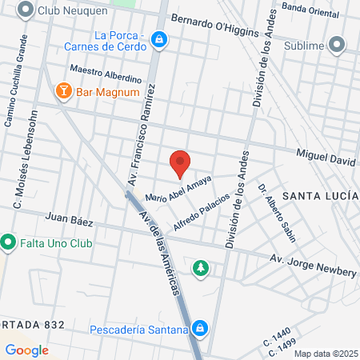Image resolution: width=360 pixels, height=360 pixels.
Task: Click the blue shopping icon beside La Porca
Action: click(x=160, y=39)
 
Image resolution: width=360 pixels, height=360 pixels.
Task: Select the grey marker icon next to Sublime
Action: click(x=337, y=45)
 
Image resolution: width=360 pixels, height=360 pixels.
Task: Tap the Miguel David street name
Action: click(x=326, y=158)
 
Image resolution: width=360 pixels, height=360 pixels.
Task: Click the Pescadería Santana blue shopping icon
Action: click(x=201, y=327)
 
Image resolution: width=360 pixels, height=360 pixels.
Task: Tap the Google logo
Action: click(x=26, y=350)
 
